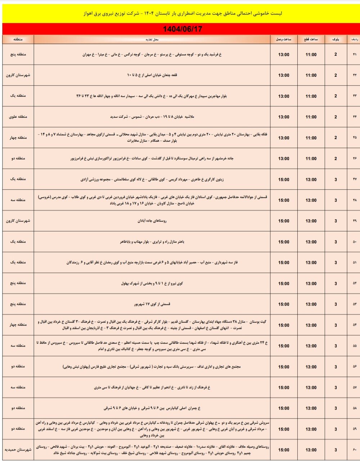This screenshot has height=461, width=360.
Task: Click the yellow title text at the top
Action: click(x=180, y=14)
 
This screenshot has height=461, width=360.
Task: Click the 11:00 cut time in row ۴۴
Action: click(x=311, y=117)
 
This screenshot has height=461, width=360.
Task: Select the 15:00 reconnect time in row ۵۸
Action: click(x=284, y=408)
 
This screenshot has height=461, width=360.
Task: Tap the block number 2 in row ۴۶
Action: click(x=336, y=159)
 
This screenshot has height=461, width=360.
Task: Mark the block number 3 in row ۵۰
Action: click(x=336, y=242)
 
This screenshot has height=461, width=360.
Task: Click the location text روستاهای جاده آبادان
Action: click(x=152, y=221)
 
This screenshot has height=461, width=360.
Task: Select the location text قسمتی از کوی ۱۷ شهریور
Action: click(x=152, y=304)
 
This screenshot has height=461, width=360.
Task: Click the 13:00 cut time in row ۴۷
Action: click(x=311, y=179)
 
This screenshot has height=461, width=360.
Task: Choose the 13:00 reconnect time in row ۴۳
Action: click(x=284, y=96)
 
